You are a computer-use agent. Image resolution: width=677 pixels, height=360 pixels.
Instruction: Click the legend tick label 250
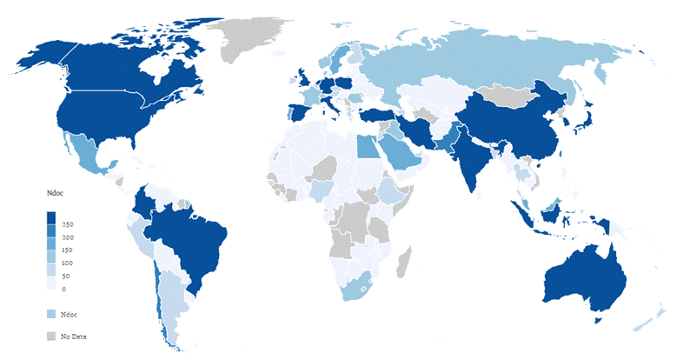(x=67, y=224)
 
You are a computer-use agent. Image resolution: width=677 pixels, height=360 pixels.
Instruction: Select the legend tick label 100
(x=67, y=263)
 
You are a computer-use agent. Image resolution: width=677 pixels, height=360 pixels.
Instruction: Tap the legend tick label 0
(x=63, y=289)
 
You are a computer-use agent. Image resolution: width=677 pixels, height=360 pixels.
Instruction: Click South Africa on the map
(x=358, y=284)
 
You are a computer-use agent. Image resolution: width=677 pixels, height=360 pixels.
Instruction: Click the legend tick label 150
(x=67, y=250)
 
